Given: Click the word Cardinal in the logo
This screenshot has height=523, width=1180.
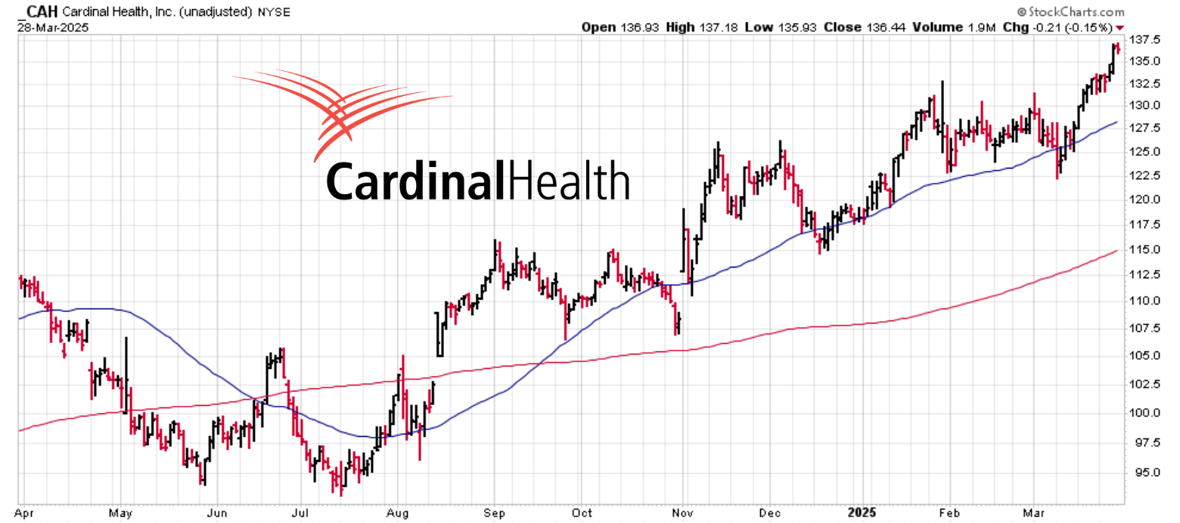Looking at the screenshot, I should (x=415, y=180).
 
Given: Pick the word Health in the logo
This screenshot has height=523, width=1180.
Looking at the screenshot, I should (x=569, y=180).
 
